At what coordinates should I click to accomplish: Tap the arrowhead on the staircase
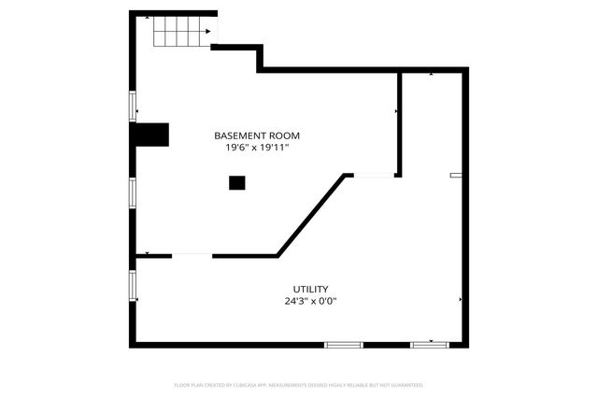tap(207, 31)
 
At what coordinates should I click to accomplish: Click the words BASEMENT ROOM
tap(257, 135)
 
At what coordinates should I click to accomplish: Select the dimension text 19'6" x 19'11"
tap(257, 148)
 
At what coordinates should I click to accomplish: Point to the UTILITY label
tap(310, 289)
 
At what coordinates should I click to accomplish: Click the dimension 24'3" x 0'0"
tap(310, 301)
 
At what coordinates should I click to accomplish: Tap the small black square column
tap(237, 183)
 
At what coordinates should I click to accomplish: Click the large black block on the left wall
tap(152, 135)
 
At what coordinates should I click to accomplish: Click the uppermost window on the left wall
tap(133, 106)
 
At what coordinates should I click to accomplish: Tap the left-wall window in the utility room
tap(133, 284)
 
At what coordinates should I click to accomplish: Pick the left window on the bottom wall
tap(343, 345)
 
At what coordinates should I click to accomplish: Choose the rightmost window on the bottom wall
tap(430, 345)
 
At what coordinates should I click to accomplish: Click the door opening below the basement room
tap(192, 255)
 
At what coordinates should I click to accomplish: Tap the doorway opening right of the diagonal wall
tap(374, 175)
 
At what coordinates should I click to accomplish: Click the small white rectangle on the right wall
tap(456, 175)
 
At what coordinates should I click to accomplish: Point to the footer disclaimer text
tap(299, 385)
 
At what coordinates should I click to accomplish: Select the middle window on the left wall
tap(133, 192)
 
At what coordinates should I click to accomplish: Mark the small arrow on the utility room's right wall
tap(461, 299)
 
